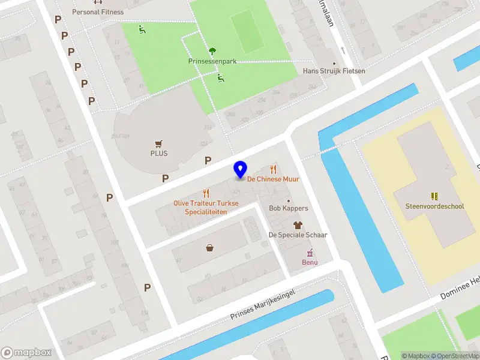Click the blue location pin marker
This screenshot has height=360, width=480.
point(241,169)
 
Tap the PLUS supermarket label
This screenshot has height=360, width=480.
point(159,153)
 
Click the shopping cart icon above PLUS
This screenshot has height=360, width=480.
point(159,143)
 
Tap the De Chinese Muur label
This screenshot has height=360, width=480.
point(273,179)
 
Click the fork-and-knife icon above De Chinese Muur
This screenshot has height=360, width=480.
point(274,169)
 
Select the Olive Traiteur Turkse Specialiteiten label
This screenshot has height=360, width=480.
point(206,207)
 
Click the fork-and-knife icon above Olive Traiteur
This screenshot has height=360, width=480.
point(206,193)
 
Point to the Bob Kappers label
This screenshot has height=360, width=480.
point(288,208)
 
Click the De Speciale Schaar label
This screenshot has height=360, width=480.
point(298,235)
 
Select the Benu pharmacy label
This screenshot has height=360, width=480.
point(310,262)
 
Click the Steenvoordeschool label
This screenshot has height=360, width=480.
point(434,206)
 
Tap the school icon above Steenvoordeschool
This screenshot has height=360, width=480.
point(434,196)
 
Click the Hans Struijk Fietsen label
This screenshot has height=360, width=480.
point(334,71)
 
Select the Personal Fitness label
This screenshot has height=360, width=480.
point(98,12)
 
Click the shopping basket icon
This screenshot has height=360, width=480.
point(210,247)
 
